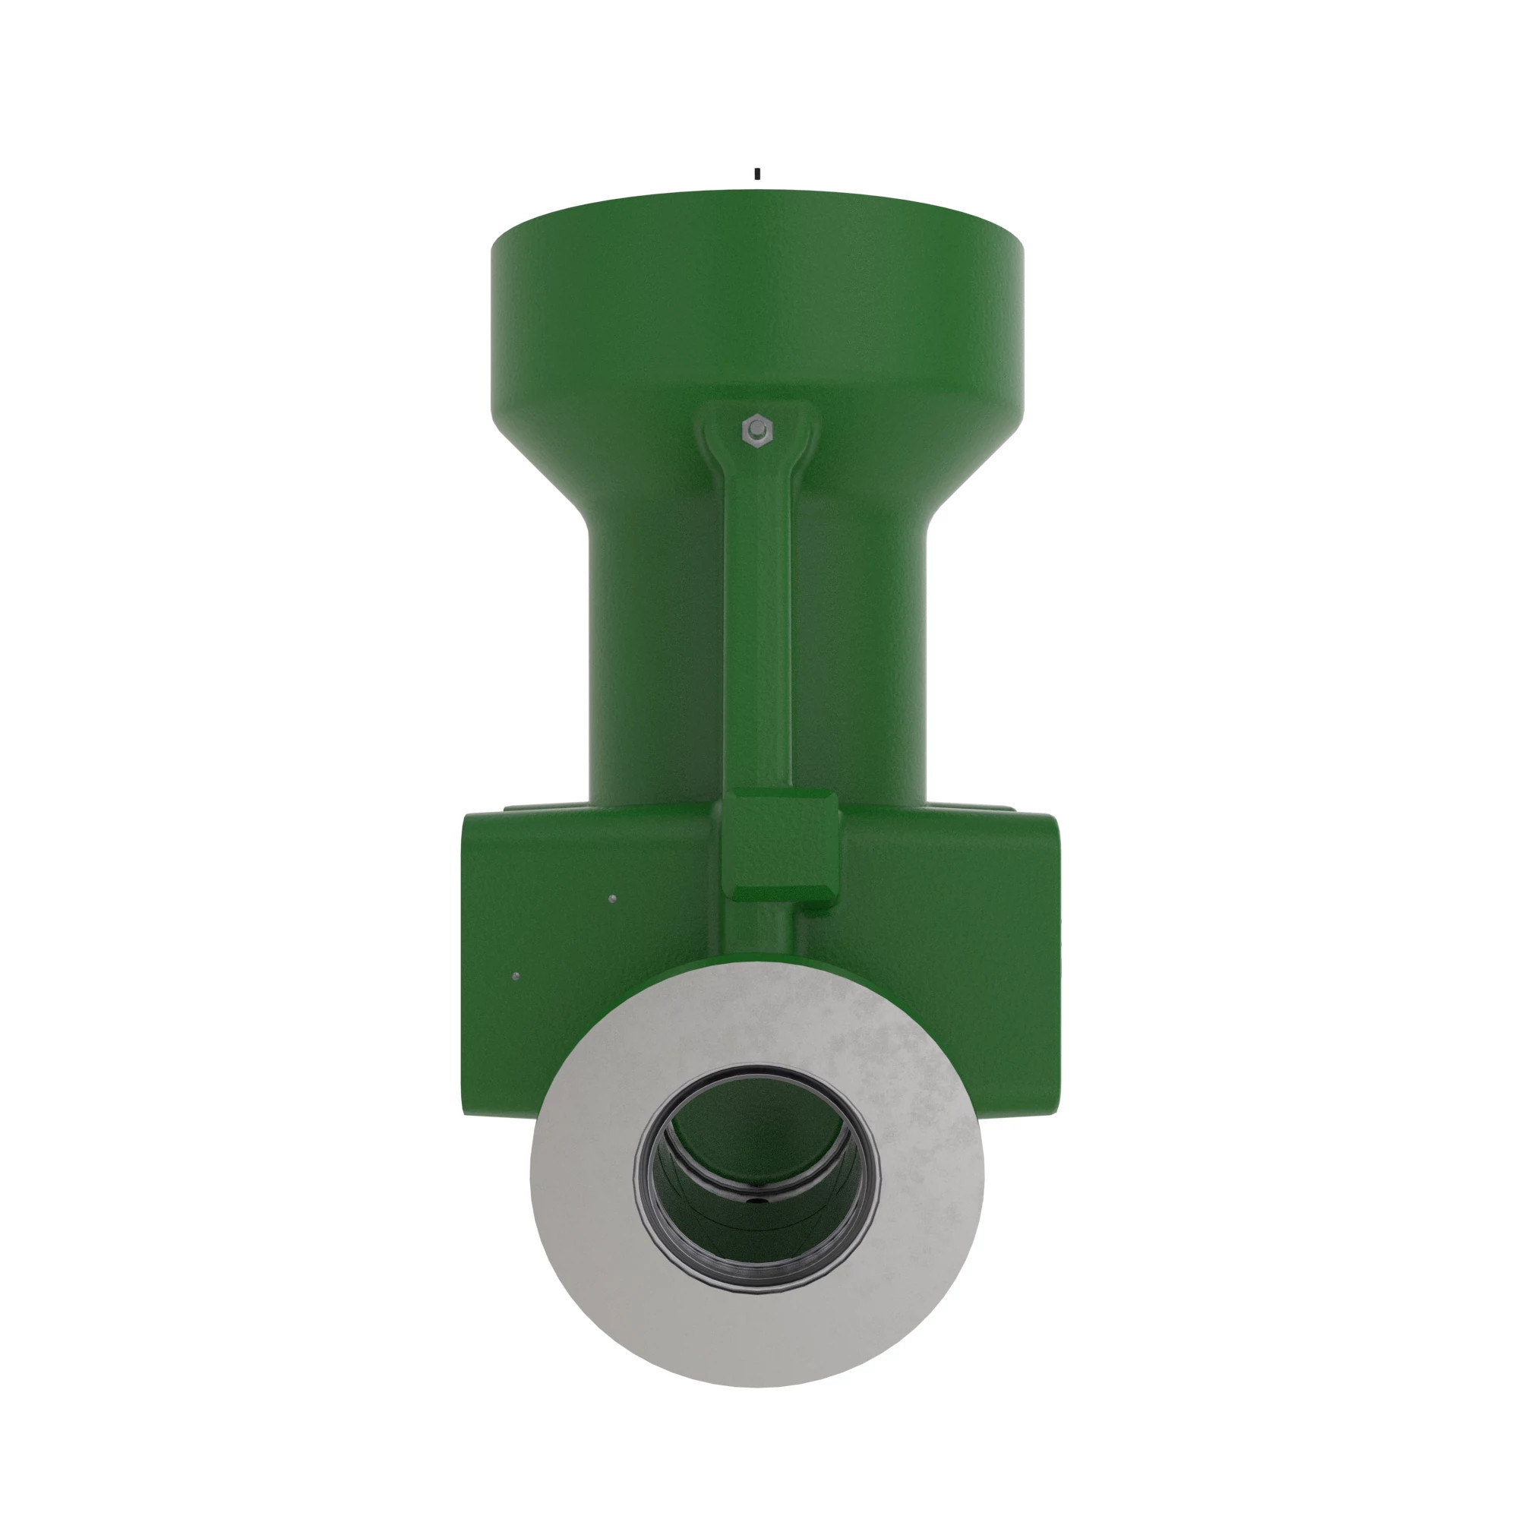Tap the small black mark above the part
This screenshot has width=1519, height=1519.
pyautogui.click(x=757, y=174)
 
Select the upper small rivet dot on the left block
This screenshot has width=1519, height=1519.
pyautogui.click(x=612, y=898)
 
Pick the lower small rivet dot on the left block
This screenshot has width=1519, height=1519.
pyautogui.click(x=515, y=977)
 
